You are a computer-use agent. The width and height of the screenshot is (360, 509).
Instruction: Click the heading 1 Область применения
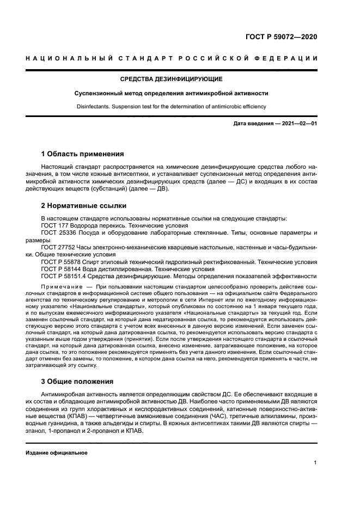click(x=82, y=154)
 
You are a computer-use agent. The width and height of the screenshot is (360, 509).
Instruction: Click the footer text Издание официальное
click(x=56, y=453)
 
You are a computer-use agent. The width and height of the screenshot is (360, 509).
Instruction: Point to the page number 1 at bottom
click(x=315, y=463)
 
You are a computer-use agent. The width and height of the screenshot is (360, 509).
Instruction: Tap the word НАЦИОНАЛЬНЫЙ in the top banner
click(x=66, y=59)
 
